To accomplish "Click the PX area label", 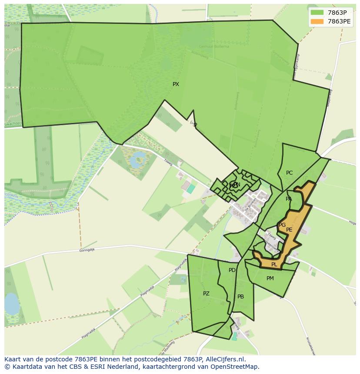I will coord(176,84).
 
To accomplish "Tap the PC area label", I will coord(289,173).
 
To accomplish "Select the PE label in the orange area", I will coord(289,230).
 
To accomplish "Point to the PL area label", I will coord(274,265).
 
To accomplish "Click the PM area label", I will coord(270,278).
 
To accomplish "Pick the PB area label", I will coord(240,297).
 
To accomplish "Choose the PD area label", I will coord(232,270).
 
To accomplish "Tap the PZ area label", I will coord(206,294).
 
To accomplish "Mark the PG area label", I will coord(282,225).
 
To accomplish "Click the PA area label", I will coord(289,199).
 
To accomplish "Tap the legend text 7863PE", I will coord(339,21).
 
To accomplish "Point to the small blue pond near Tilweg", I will coord(137,160).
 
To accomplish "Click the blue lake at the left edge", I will coord(12,304).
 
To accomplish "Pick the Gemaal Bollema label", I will coord(213,46).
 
